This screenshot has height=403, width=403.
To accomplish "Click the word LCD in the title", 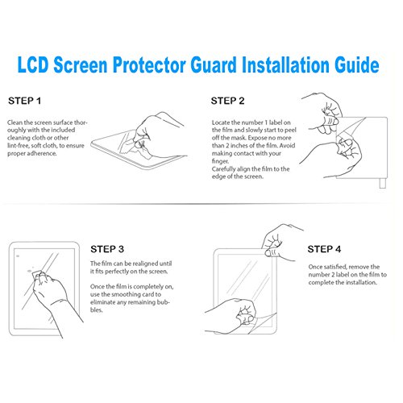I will click(48, 62).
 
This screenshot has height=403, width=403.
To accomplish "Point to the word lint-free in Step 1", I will click(23, 145).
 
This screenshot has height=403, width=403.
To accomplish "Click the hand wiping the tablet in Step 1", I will click(156, 129).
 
